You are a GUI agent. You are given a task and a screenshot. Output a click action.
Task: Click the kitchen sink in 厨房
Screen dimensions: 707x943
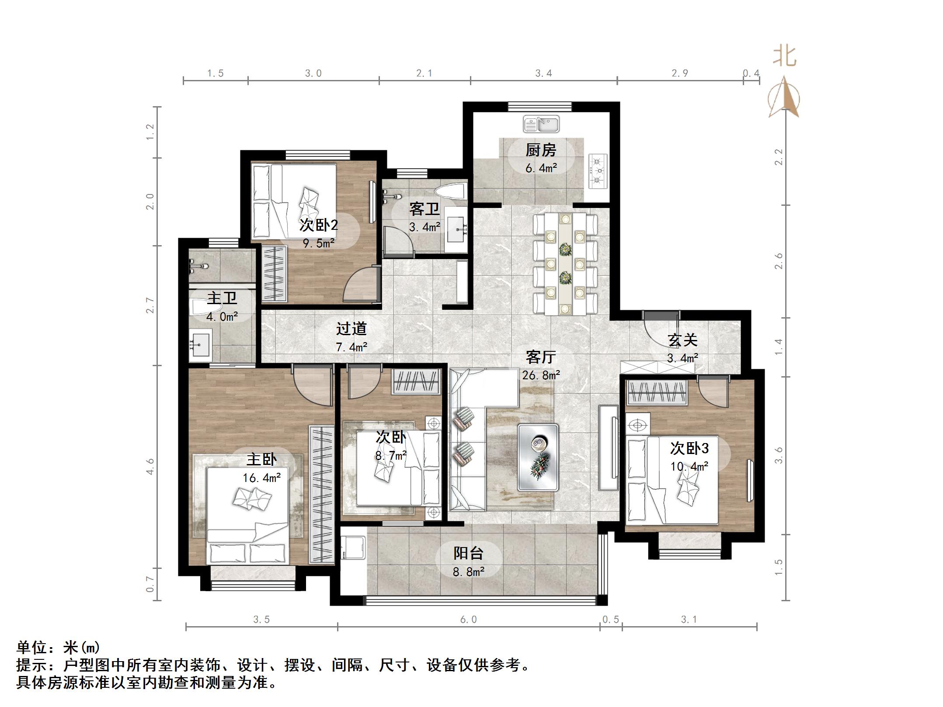click(541, 124)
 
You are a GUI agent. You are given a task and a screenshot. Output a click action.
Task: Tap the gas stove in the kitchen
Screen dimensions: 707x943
click(598, 171)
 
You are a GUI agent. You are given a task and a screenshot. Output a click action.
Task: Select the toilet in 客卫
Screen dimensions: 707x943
click(450, 193)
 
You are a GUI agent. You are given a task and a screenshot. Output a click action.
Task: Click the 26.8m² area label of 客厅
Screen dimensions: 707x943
click(541, 375)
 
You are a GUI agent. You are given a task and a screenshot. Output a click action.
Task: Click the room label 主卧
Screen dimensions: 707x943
click(261, 459)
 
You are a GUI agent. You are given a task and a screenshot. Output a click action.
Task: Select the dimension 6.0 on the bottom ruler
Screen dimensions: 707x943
click(468, 620)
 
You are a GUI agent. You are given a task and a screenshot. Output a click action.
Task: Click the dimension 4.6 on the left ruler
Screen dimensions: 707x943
click(150, 466)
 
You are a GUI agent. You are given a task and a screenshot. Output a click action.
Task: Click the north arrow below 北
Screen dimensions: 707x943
click(784, 98)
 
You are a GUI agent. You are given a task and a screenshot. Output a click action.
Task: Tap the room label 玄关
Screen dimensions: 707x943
click(682, 340)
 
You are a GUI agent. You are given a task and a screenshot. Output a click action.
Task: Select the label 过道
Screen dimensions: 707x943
click(351, 329)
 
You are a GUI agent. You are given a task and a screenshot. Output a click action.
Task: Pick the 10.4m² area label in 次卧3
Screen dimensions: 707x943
click(689, 467)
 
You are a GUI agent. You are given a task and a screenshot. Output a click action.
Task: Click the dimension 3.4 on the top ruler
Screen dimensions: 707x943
click(543, 73)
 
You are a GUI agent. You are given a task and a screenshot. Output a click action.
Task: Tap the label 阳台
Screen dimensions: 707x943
click(468, 553)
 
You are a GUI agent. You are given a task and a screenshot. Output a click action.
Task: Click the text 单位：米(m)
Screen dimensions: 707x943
click(58, 647)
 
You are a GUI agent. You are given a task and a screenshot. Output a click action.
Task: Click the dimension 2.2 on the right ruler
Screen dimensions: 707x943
click(779, 157)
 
